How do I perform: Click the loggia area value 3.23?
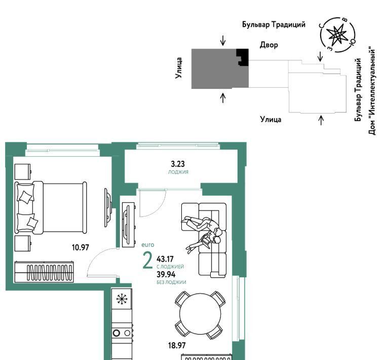pyautogui.click(x=178, y=164)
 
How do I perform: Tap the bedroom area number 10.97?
pyautogui.click(x=80, y=247)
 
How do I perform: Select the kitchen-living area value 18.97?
pyautogui.click(x=177, y=345)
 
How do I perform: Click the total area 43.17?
pyautogui.click(x=165, y=259)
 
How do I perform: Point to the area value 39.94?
pyautogui.click(x=166, y=274)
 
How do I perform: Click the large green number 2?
pyautogui.click(x=147, y=261)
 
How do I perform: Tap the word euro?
pyautogui.click(x=148, y=245)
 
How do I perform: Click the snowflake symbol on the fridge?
pyautogui.click(x=122, y=299)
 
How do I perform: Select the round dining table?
pyautogui.click(x=200, y=314)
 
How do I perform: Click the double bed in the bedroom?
pyautogui.click(x=51, y=207)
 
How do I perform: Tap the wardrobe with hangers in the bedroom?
pyautogui.click(x=44, y=272)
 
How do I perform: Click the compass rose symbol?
pyautogui.click(x=337, y=35)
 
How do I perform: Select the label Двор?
pyautogui.click(x=269, y=45)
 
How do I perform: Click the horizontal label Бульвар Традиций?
pyautogui.click(x=274, y=24)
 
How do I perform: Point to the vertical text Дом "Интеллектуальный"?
pyautogui.click(x=372, y=91)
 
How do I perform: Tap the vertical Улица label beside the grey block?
pyautogui.click(x=179, y=68)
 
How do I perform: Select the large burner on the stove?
pyautogui.click(x=117, y=333)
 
